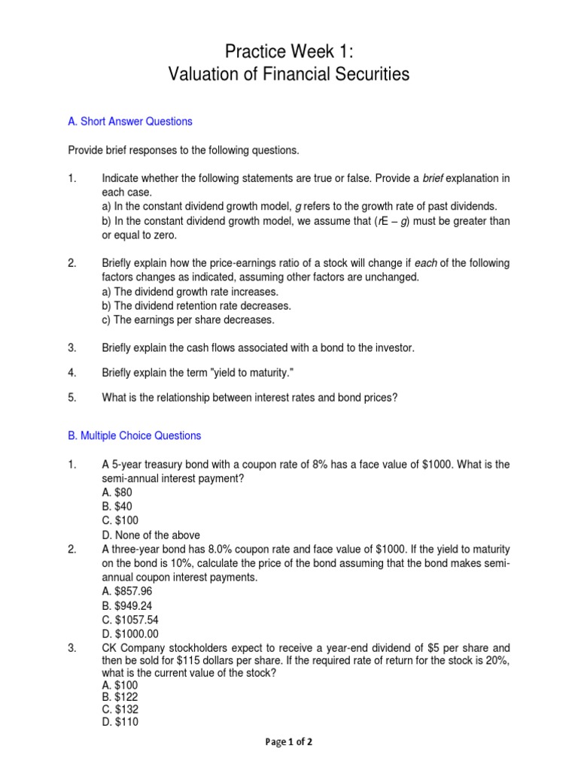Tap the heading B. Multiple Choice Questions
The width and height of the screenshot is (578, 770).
(x=135, y=435)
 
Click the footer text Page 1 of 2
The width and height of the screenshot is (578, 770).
(x=289, y=741)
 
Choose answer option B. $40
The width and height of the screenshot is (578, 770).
(x=117, y=507)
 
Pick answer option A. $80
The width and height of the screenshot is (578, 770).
(x=117, y=493)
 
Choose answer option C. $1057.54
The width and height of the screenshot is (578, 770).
(x=129, y=620)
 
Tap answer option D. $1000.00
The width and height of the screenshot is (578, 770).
(x=129, y=635)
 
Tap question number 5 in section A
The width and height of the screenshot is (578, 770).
(x=72, y=398)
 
